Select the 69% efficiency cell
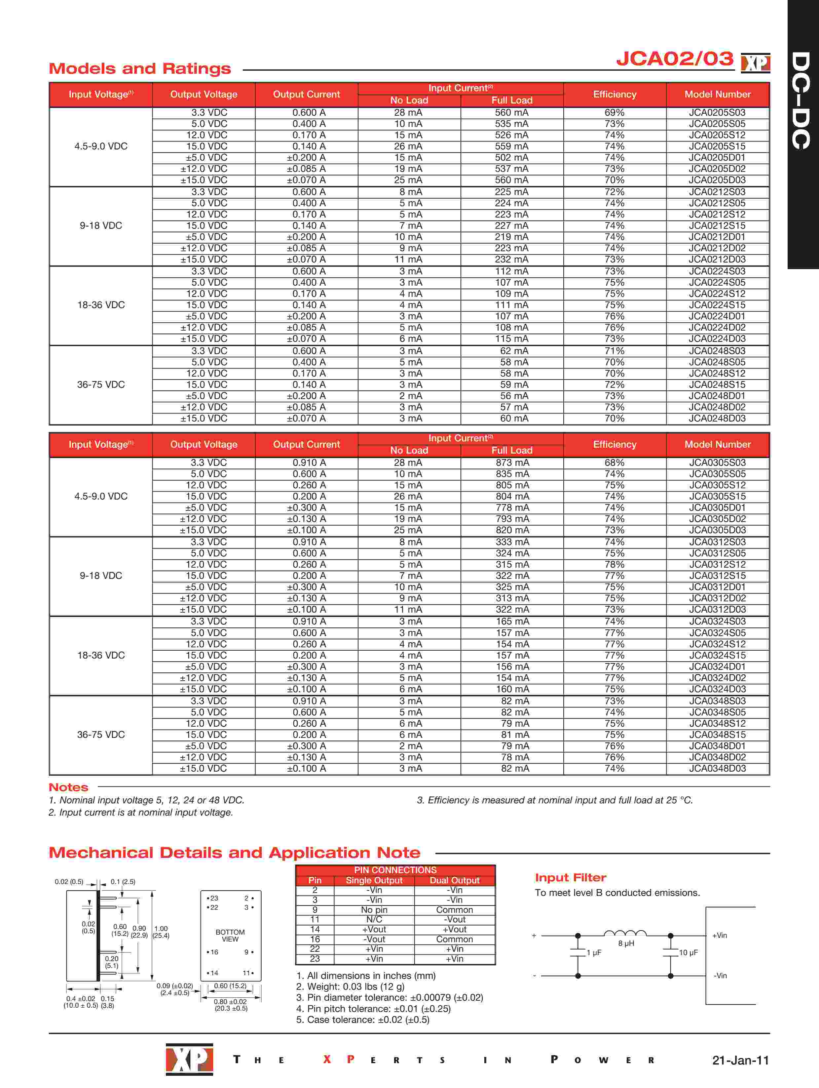click(x=614, y=113)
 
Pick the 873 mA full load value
click(x=512, y=463)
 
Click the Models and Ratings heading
click(x=140, y=68)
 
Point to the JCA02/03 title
click(x=675, y=59)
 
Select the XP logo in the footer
click(x=189, y=1059)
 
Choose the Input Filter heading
click(x=570, y=877)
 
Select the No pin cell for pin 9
click(x=374, y=910)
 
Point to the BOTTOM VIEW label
click(x=230, y=936)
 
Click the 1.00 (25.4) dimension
click(x=161, y=932)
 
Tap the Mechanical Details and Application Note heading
click(x=235, y=852)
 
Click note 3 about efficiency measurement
click(x=554, y=800)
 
